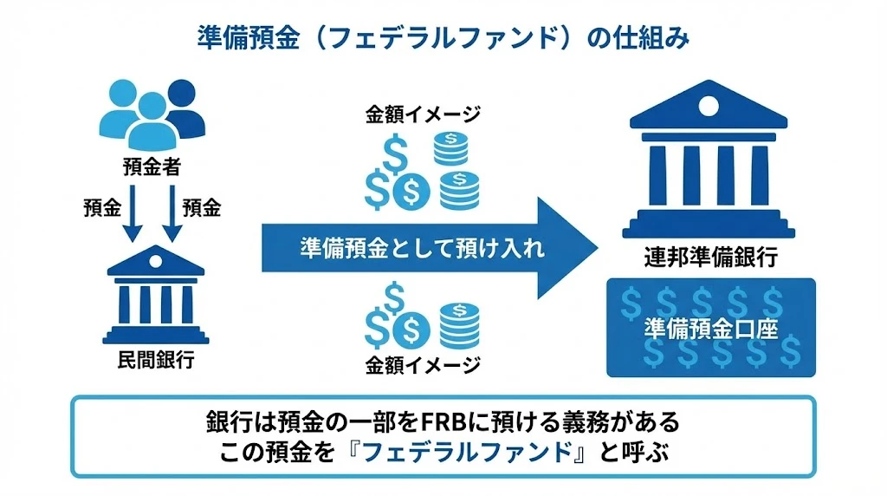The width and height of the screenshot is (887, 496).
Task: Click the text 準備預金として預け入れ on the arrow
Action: (x=423, y=249)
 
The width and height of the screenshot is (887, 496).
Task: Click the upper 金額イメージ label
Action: (x=423, y=114)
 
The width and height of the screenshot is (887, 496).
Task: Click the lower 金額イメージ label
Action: (x=423, y=365)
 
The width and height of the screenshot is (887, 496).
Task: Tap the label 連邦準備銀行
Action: (x=709, y=258)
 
